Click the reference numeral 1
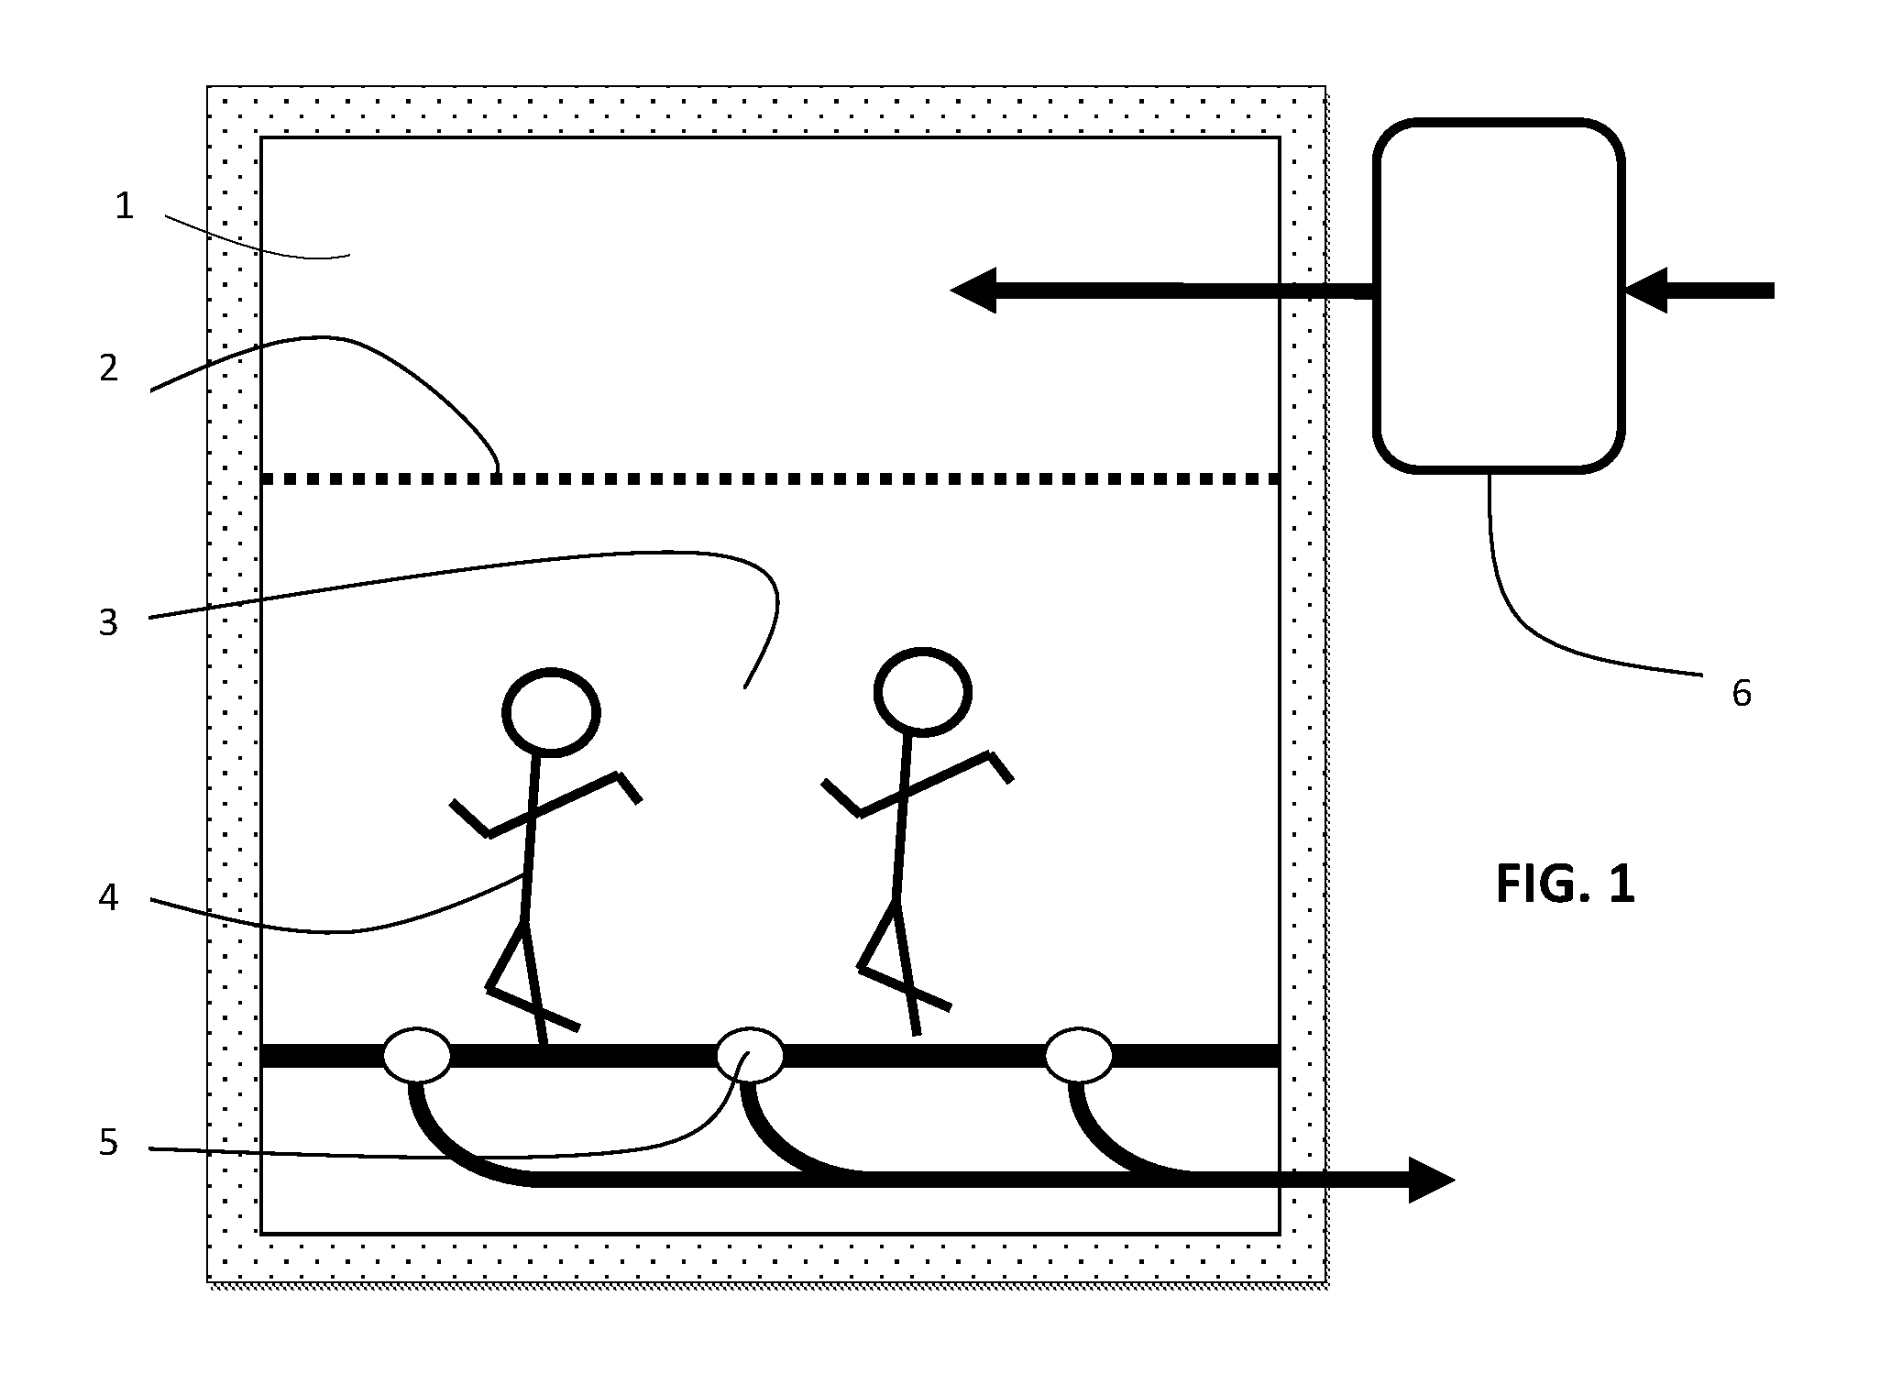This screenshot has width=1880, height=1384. coord(125,207)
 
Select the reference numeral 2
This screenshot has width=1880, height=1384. coord(109,368)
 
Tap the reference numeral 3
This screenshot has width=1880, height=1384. coord(108,622)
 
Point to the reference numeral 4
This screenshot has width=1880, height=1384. coord(108,898)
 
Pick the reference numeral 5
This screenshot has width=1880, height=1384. coord(108,1143)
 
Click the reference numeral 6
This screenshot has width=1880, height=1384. coord(1742,694)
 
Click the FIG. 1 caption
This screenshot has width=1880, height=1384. coord(1566,885)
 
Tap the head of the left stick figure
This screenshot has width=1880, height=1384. coord(552,712)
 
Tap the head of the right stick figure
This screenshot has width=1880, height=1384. coord(923,691)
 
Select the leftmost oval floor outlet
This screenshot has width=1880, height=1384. coord(417,1055)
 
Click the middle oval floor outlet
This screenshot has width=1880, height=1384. coord(750,1055)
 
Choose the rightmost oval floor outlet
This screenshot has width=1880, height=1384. coord(1080,1055)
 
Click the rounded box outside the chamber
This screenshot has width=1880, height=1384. coord(1499,295)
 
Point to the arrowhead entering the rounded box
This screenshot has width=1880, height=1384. coord(1646,291)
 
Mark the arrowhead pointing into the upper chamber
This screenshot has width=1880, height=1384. coord(973,291)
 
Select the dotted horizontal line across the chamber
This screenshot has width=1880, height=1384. coord(770,478)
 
